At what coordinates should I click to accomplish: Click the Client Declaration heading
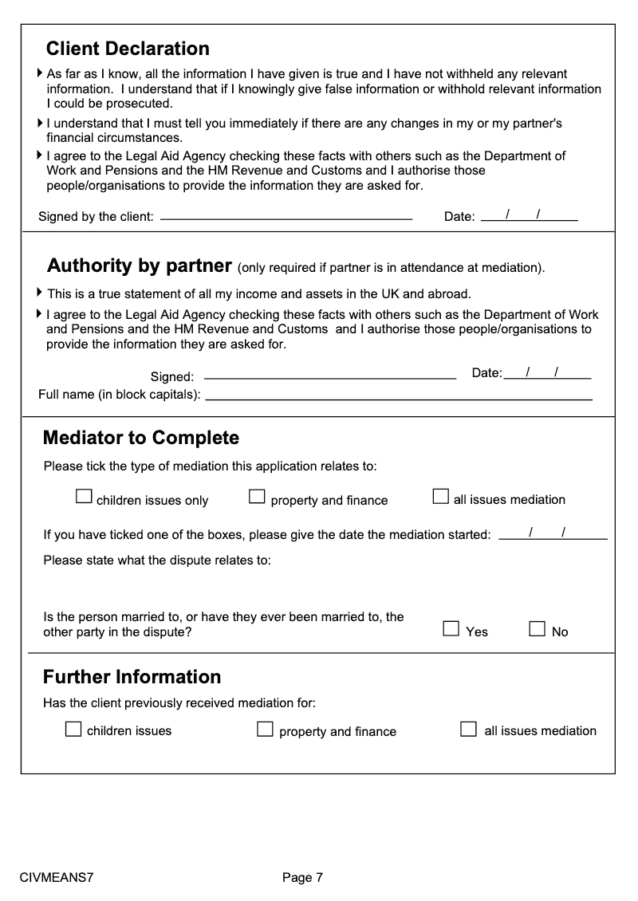[x=128, y=49]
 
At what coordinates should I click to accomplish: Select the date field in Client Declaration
[x=530, y=214]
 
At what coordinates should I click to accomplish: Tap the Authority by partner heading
[x=140, y=266]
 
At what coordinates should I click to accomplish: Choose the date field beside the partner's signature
[x=547, y=373]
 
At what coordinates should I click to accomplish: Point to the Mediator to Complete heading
[x=141, y=438]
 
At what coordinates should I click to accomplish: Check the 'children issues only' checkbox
[x=84, y=497]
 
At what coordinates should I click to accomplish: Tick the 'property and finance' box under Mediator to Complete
[x=257, y=497]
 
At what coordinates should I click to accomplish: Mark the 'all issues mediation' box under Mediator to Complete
[x=440, y=497]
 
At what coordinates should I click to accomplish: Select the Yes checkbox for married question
[x=451, y=629]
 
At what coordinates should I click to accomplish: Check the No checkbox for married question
[x=538, y=629]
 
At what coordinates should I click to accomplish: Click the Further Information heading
[x=132, y=677]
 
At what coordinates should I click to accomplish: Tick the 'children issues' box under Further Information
[x=73, y=729]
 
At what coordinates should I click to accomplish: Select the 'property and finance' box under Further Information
[x=265, y=729]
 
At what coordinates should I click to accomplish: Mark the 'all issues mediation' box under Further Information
[x=469, y=729]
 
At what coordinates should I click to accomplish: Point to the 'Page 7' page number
[x=302, y=878]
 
